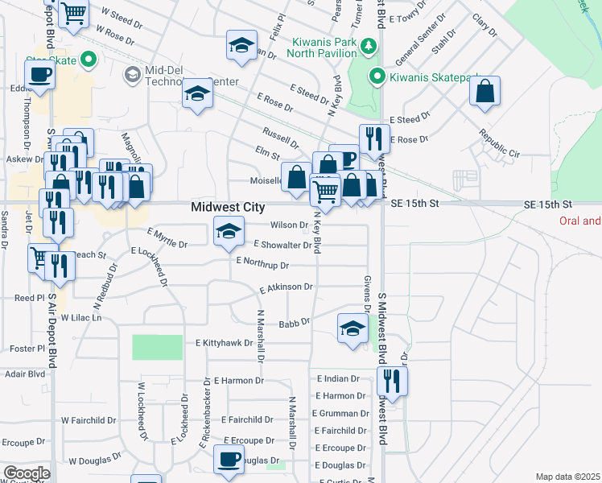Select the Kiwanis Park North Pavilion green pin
pos(369,45)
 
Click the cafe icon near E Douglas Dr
pos(228,460)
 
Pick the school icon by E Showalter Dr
pos(229,231)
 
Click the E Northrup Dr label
pos(262,262)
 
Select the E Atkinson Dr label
pos(287,287)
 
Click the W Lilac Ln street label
pos(83,318)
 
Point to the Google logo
pos(27,473)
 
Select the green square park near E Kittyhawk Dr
pos(157,347)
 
